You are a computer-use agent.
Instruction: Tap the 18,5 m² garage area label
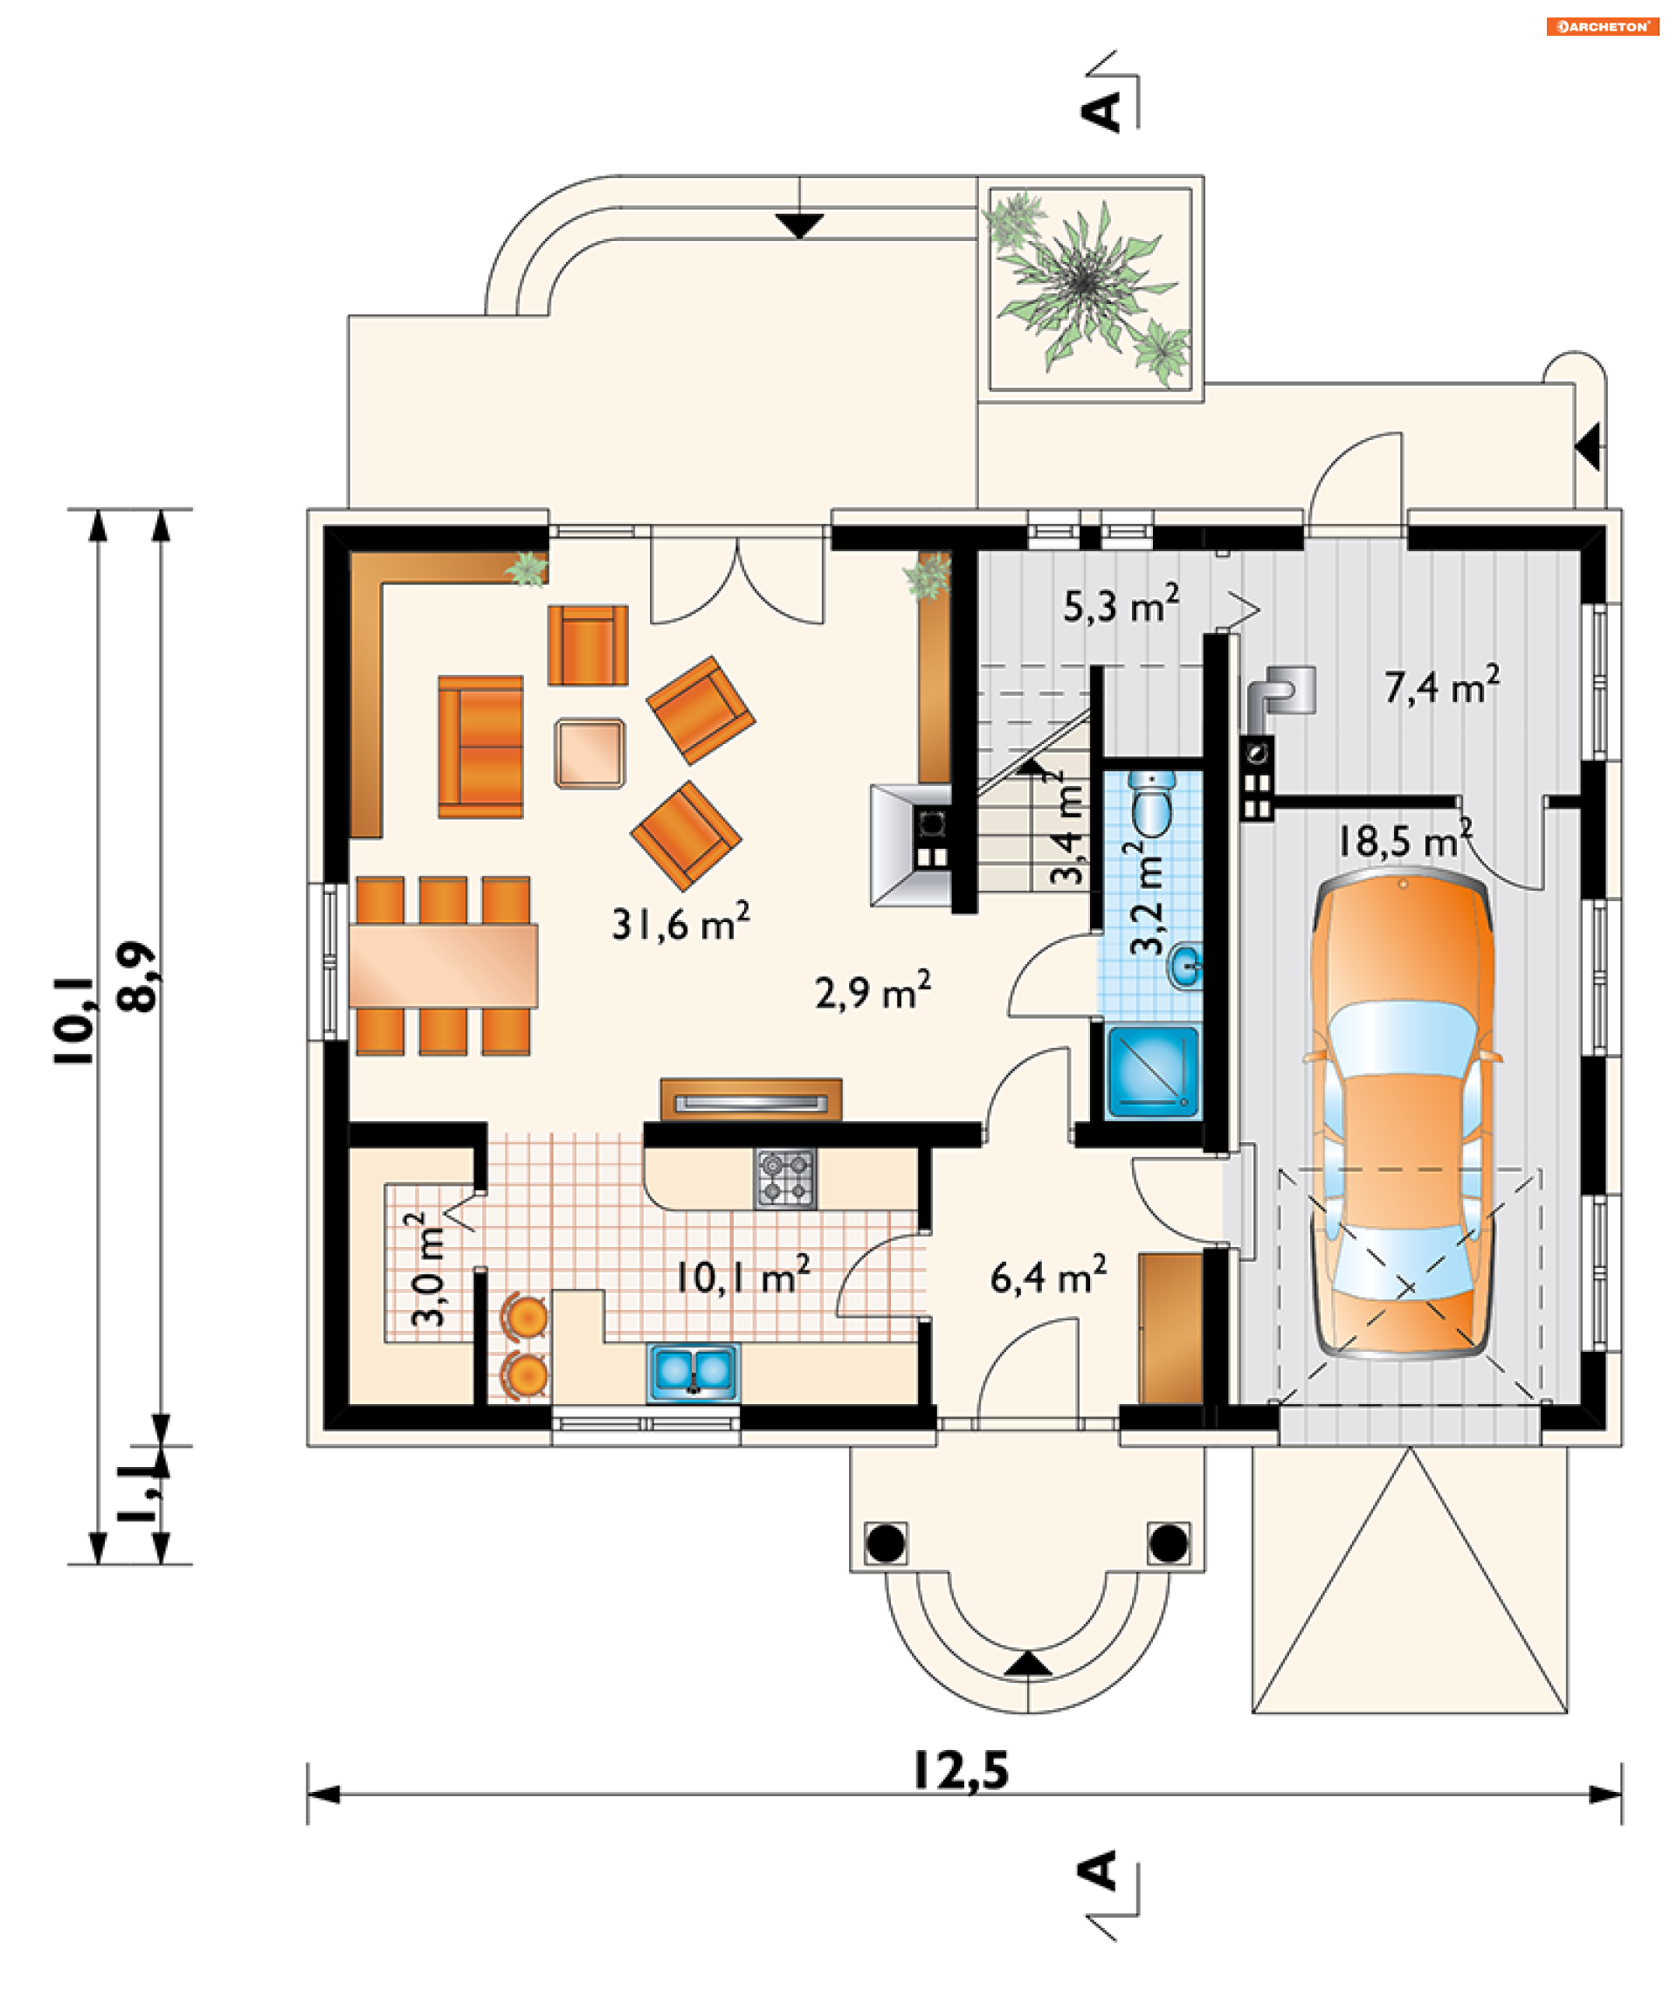click(1404, 839)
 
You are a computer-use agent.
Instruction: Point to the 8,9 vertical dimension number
click(136, 977)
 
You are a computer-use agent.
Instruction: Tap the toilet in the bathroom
click(1153, 803)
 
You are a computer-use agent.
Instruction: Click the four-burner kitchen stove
click(785, 1178)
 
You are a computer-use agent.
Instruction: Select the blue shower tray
click(1153, 1071)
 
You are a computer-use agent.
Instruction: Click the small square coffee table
click(590, 754)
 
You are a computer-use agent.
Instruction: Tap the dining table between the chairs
click(443, 965)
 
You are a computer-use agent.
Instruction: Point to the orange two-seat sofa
click(481, 746)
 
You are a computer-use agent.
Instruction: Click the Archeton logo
click(1603, 26)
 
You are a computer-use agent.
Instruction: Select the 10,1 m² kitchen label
click(742, 1276)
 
